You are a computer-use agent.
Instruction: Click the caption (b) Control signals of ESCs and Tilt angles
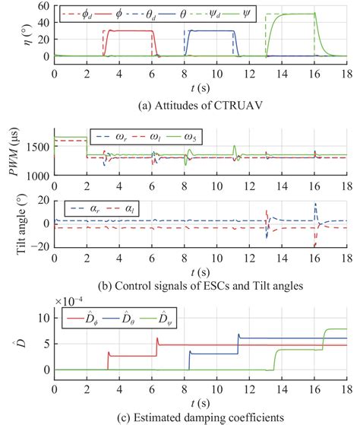[201, 265]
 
